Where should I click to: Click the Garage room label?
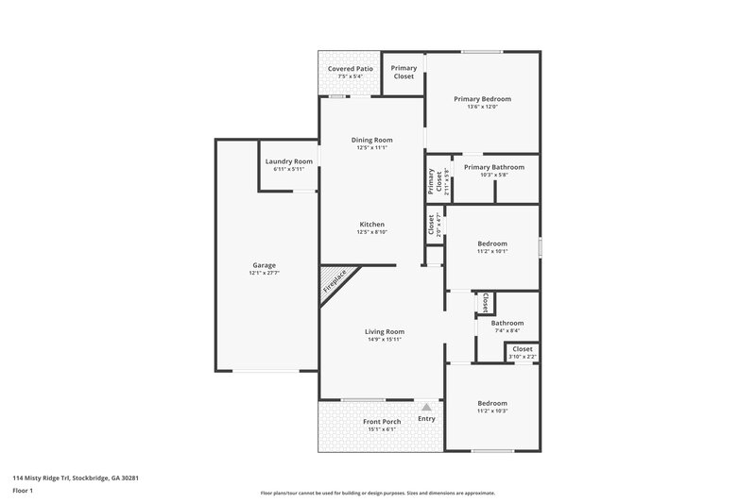click(x=264, y=265)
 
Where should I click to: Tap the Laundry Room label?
click(x=288, y=161)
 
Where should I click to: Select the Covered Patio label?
click(x=350, y=69)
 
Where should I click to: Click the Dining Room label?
click(x=371, y=140)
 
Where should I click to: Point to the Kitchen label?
click(x=371, y=224)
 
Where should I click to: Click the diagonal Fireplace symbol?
click(x=335, y=283)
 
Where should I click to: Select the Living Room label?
click(x=386, y=331)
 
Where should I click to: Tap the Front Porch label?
click(x=382, y=421)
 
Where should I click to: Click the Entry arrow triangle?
click(x=426, y=405)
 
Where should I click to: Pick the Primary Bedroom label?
click(x=482, y=99)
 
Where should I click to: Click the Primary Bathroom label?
click(x=494, y=167)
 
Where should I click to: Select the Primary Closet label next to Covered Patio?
click(x=404, y=72)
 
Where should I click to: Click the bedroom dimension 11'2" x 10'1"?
click(x=491, y=251)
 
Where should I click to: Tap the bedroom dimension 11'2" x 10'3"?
click(x=491, y=411)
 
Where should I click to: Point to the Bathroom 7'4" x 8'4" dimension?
click(x=507, y=330)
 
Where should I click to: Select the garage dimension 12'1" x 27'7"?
click(x=264, y=273)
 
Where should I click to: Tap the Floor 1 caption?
click(x=24, y=492)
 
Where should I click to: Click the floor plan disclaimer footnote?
click(x=377, y=493)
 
